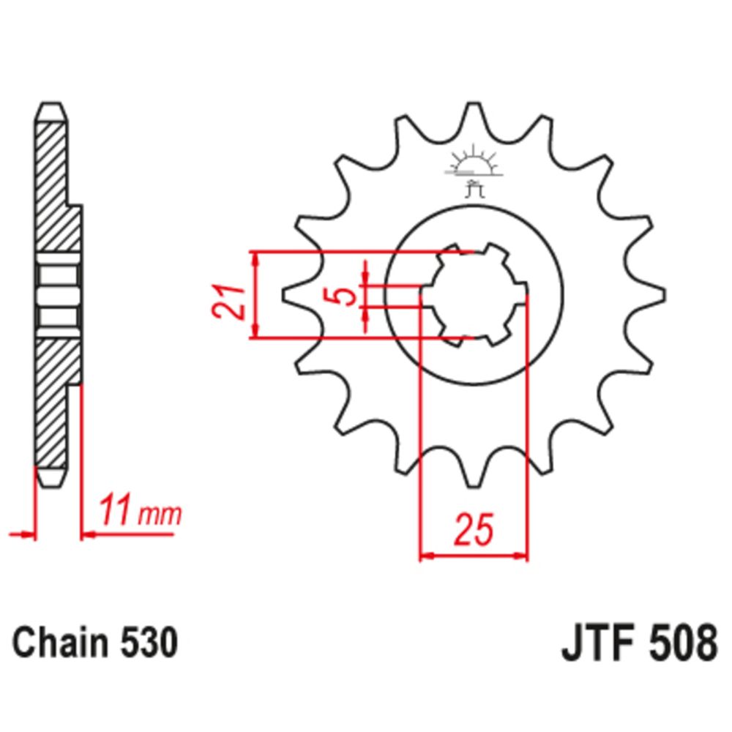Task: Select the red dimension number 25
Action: tap(473, 531)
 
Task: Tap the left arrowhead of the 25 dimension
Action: tap(425, 557)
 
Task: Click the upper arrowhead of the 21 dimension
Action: tap(255, 258)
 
